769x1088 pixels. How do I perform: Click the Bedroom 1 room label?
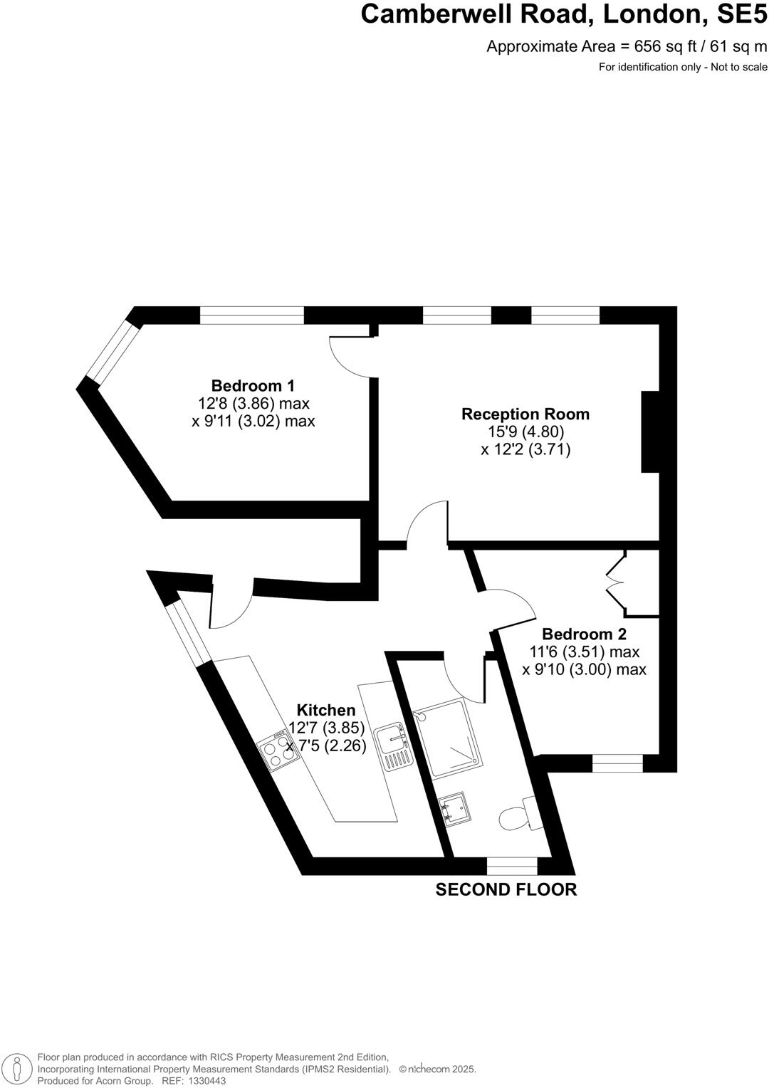[253, 386]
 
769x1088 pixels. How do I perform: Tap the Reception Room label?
[525, 414]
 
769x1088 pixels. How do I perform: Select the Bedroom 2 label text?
[584, 634]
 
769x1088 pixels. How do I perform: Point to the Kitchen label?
[326, 710]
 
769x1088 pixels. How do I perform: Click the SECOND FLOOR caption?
[506, 889]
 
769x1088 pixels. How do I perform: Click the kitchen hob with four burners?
[278, 751]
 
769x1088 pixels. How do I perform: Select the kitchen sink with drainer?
[393, 748]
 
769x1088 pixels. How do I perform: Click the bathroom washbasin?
[454, 808]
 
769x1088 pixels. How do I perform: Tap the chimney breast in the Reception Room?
[650, 431]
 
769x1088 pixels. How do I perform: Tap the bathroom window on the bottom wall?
[512, 866]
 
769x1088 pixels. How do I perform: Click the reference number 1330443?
[205, 1081]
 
